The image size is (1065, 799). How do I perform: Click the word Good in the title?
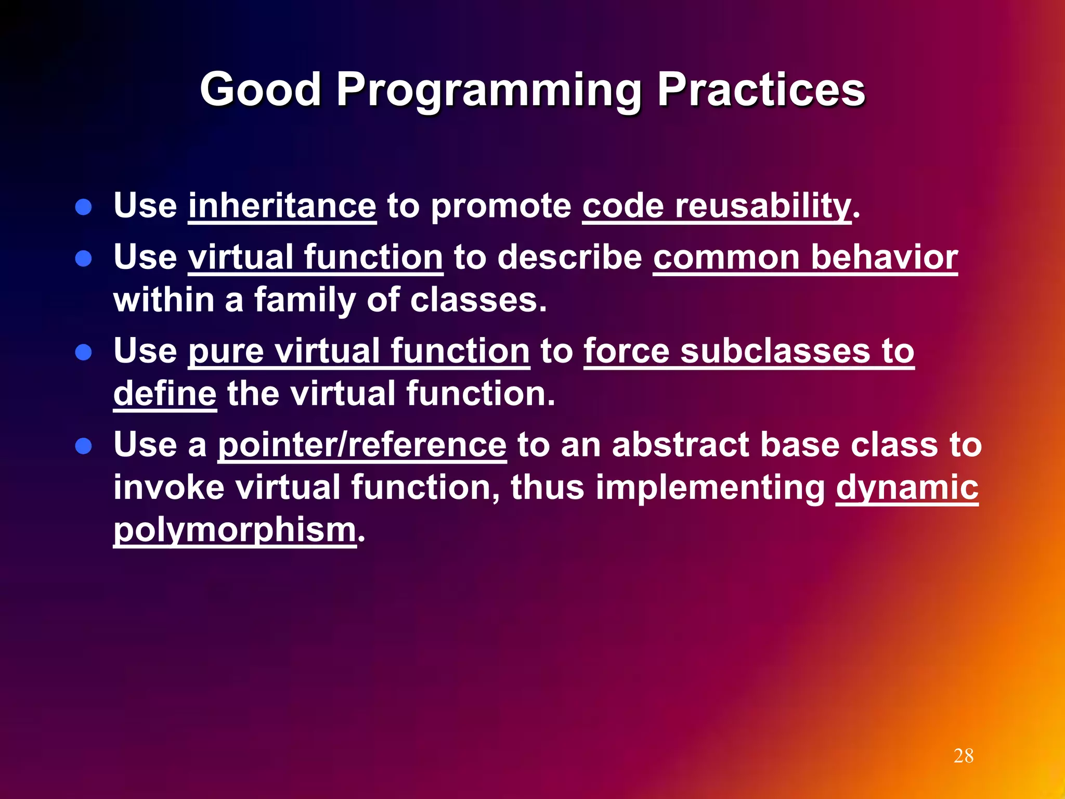[x=260, y=89]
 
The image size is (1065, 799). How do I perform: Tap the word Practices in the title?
[x=761, y=89]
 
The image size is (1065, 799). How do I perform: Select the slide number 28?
[x=963, y=756]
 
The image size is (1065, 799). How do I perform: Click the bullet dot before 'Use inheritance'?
[x=83, y=208]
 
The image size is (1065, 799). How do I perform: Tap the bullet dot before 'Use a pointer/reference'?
[x=83, y=446]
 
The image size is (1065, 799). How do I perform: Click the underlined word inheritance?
[x=282, y=206]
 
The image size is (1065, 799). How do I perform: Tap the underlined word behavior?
[x=884, y=257]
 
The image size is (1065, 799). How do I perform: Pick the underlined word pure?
[x=226, y=352]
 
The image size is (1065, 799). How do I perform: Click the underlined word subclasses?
[x=775, y=351]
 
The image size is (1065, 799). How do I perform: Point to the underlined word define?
[x=164, y=393]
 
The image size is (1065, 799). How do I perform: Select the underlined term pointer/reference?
[x=362, y=446]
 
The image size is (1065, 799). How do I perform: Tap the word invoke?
[x=168, y=487]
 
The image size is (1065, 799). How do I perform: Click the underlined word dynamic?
[x=907, y=488]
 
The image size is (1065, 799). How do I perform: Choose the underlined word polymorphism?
[x=235, y=530]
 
